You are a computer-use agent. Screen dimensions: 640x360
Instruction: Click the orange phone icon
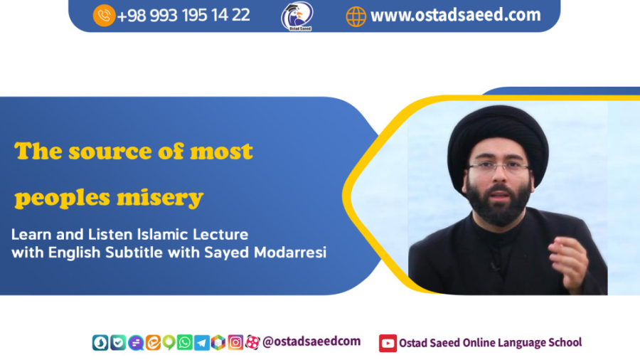point(104,16)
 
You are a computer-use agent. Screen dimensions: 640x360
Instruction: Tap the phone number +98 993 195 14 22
point(183,16)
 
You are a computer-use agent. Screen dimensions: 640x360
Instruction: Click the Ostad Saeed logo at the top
point(297,16)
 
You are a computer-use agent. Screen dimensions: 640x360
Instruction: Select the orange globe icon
point(356,17)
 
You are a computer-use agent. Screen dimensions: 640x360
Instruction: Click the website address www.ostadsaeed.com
point(456,15)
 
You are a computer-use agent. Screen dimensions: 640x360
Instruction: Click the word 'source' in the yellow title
point(110,152)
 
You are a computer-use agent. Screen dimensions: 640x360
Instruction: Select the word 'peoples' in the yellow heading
point(62,198)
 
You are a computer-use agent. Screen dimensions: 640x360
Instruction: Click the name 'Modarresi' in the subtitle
point(290,253)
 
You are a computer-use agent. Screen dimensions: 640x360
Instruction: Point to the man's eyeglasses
point(498,166)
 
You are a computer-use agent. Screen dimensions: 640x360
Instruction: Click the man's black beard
point(498,203)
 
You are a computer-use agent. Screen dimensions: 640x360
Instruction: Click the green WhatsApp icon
point(184,342)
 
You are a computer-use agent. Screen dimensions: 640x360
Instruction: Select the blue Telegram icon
point(202,343)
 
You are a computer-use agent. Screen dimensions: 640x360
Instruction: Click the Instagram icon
point(235,342)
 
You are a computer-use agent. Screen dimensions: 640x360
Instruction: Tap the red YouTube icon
point(388,343)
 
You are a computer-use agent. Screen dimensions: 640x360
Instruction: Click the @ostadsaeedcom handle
point(311,342)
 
